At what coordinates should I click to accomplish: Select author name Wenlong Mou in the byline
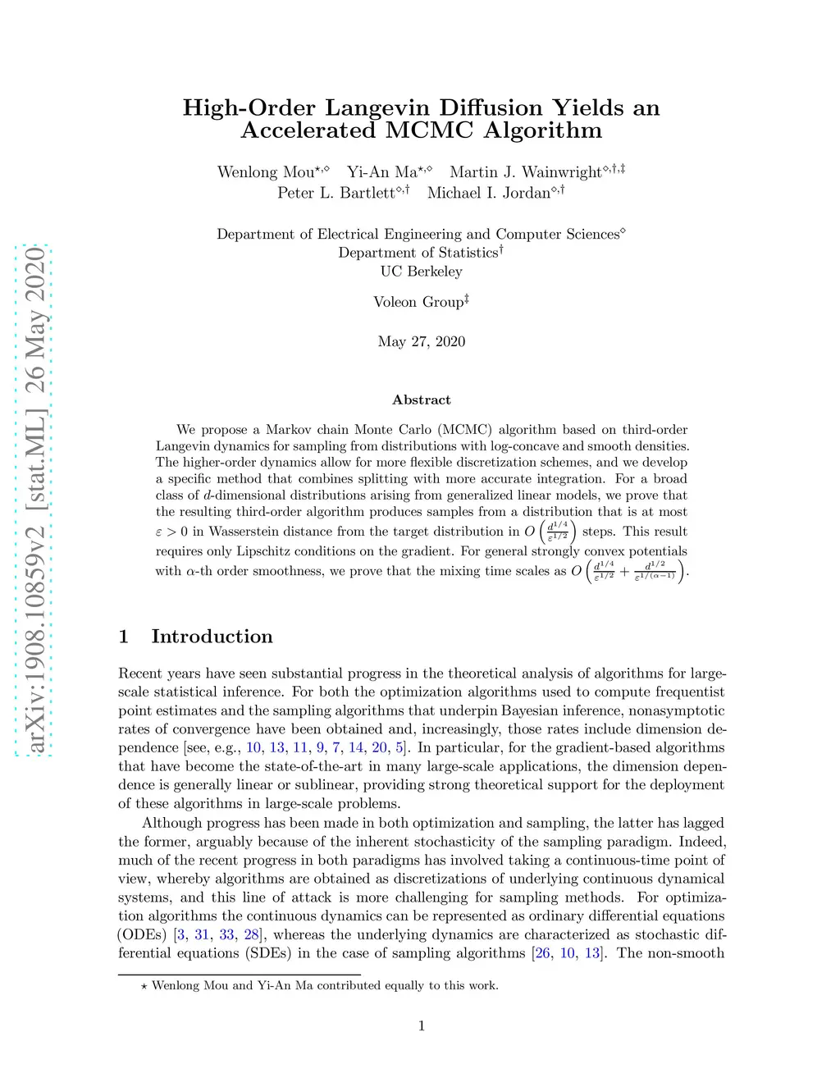(266, 172)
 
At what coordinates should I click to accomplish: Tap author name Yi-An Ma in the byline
(381, 172)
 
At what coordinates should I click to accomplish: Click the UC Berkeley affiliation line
(421, 272)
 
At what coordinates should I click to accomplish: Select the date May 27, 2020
(421, 341)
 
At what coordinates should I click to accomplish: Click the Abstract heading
(421, 400)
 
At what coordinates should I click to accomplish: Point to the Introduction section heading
(212, 637)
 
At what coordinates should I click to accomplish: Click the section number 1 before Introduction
(124, 637)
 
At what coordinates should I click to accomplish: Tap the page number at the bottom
(421, 1025)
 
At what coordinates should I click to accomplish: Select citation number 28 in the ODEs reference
(251, 934)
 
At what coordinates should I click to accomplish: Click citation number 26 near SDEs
(543, 953)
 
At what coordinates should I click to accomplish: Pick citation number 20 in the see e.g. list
(380, 747)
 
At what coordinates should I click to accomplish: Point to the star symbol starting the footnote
(144, 986)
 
